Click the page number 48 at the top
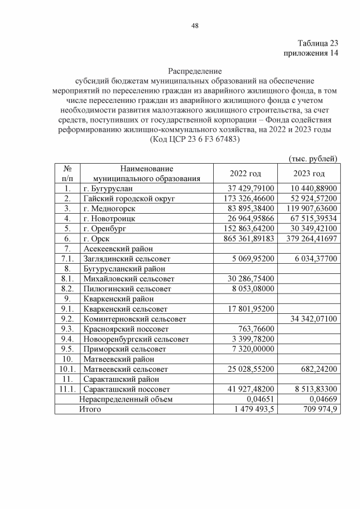(x=195, y=25)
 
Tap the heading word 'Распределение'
(x=195, y=71)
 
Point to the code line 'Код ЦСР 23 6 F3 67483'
(x=195, y=139)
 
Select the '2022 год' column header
(x=245, y=173)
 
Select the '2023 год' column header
(x=309, y=173)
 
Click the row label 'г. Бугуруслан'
(x=109, y=188)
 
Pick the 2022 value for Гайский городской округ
(x=246, y=199)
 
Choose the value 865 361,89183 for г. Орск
(x=246, y=238)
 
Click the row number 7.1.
(x=67, y=259)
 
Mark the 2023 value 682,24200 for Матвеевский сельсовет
(x=317, y=369)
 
